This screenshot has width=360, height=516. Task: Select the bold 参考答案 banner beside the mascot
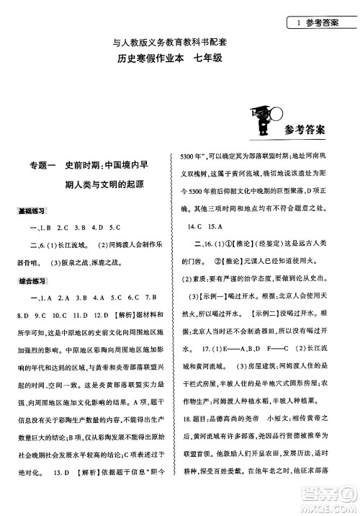[x=300, y=130]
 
